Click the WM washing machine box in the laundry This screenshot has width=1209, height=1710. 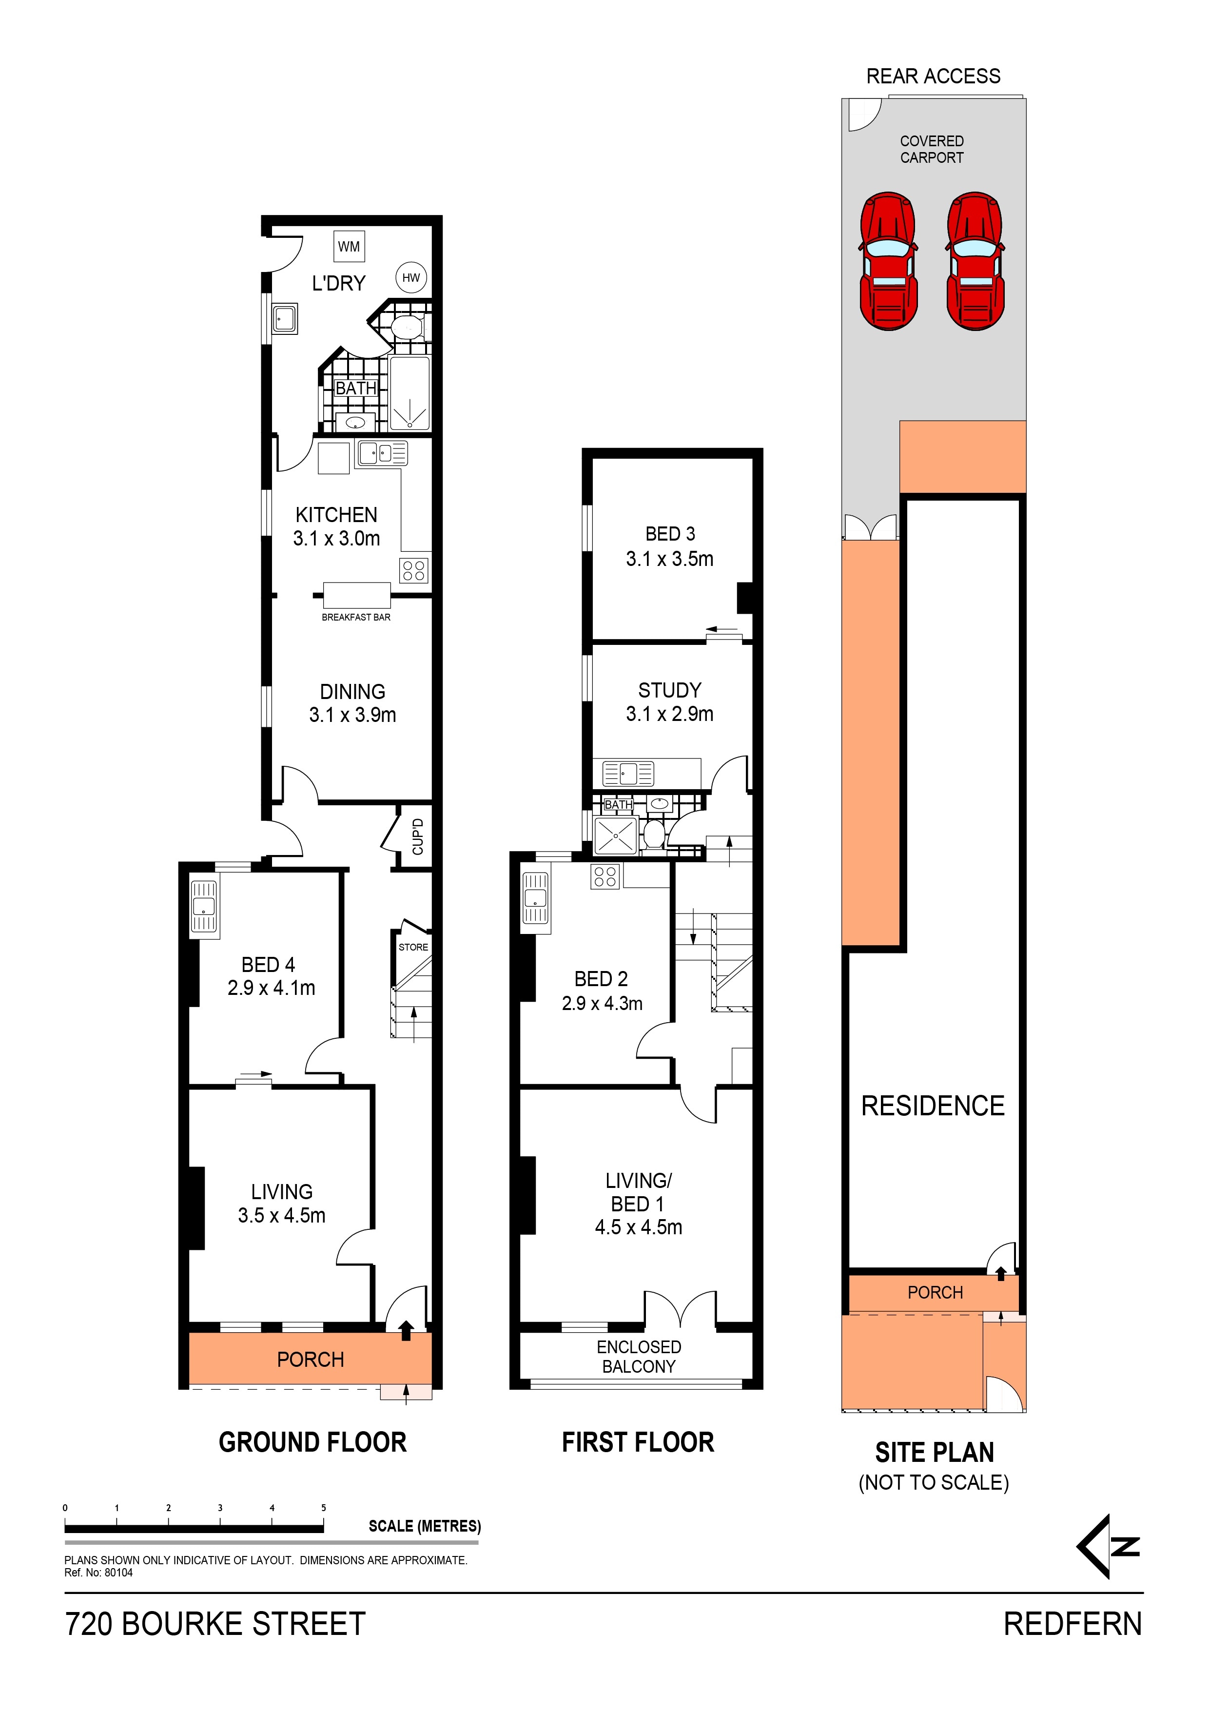point(349,247)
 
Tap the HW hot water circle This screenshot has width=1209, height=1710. point(410,278)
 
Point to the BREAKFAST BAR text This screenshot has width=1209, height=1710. point(356,618)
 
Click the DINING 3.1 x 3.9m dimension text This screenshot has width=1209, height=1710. point(352,715)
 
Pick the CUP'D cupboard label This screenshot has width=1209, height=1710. point(417,836)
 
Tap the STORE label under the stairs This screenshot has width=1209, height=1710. point(413,947)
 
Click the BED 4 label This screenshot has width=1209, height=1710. point(268,965)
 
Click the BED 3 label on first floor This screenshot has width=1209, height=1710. point(670,534)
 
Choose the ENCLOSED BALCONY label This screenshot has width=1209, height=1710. point(639,1357)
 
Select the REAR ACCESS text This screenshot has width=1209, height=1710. point(933,76)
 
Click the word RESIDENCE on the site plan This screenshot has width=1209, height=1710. point(933,1106)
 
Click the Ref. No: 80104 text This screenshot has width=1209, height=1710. point(98,1573)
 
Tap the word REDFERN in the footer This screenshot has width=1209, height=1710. point(1072,1624)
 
